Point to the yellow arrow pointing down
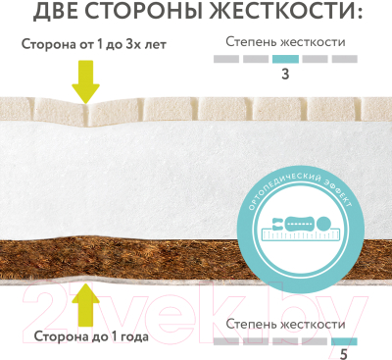[x=86, y=80]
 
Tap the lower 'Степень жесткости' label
[x=284, y=323]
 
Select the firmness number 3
[x=284, y=74]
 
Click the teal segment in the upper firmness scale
[x=284, y=59]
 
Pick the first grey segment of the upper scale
[x=227, y=59]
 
